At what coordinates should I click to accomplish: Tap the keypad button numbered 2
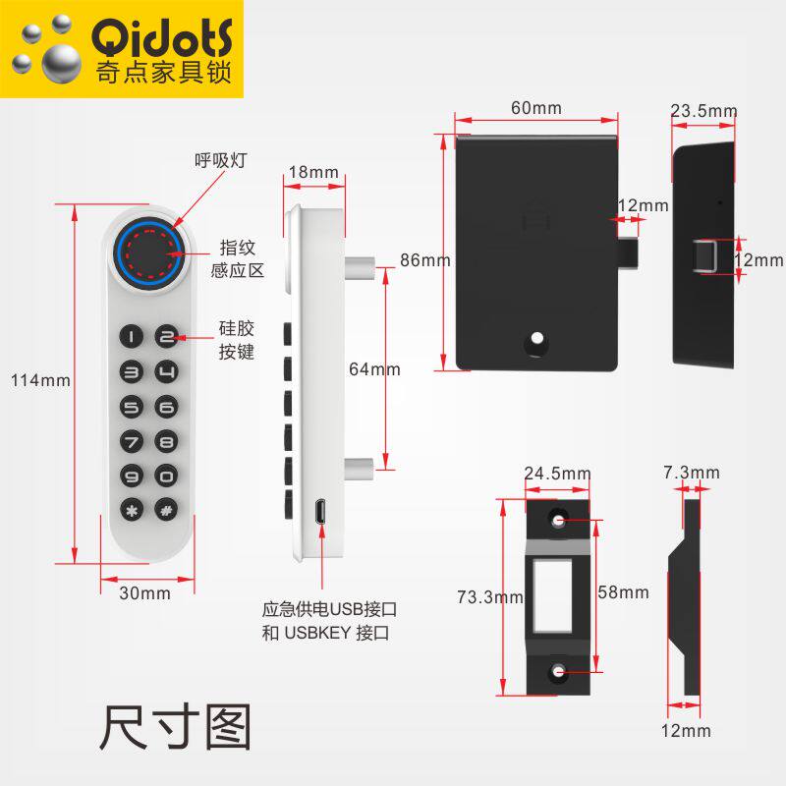(167, 337)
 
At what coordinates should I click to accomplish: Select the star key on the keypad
(133, 511)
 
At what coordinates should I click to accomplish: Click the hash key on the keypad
(167, 511)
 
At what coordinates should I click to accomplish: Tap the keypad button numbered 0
(167, 477)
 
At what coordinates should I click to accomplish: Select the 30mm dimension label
(144, 592)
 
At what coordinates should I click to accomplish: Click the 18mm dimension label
(312, 173)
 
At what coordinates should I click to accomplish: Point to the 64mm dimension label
(375, 369)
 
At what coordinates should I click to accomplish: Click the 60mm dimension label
(536, 108)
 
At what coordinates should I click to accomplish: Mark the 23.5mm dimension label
(703, 111)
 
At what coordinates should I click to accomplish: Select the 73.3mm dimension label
(488, 596)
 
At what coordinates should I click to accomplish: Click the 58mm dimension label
(623, 592)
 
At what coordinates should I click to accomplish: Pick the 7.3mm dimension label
(692, 473)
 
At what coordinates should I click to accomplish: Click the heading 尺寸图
(175, 727)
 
